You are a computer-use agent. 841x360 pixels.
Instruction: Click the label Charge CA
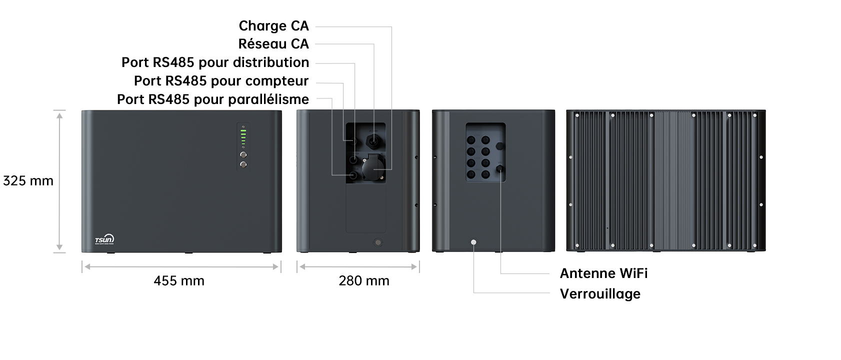pos(273,26)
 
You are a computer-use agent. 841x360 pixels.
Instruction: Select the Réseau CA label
pos(273,44)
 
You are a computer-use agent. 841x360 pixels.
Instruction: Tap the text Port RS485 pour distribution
pos(215,62)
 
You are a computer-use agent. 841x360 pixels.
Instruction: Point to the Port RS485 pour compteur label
pos(221,81)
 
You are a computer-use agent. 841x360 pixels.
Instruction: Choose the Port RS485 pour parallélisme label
pos(212,99)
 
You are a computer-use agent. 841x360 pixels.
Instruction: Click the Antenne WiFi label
pos(603,273)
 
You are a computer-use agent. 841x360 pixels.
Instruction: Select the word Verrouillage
pos(600,294)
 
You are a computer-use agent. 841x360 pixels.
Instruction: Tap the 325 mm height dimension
pos(28,181)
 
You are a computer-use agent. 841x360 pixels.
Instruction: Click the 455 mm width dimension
pos(179,281)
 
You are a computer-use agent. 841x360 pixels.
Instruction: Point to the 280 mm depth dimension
pos(364,281)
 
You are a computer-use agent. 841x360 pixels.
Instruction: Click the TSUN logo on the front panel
pos(104,240)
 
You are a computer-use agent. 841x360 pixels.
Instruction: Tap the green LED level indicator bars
pos(243,136)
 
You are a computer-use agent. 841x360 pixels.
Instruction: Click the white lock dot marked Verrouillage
pos(473,242)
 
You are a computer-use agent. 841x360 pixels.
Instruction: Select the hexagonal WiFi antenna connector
pos(499,168)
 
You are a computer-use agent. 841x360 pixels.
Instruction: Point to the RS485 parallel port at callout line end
pos(353,175)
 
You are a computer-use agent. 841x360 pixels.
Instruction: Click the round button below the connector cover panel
pos(378,242)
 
